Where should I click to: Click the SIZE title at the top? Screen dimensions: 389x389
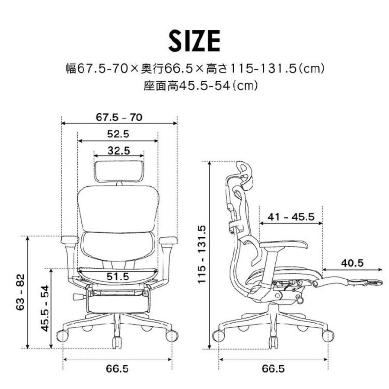(x=194, y=41)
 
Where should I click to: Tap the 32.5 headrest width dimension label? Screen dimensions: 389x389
(x=118, y=151)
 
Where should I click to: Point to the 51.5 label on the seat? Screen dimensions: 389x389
(x=118, y=276)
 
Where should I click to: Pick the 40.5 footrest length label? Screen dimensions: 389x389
(x=352, y=262)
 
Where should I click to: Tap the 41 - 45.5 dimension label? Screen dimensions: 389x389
(x=290, y=217)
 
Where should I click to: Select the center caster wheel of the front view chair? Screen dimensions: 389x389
(x=117, y=342)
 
